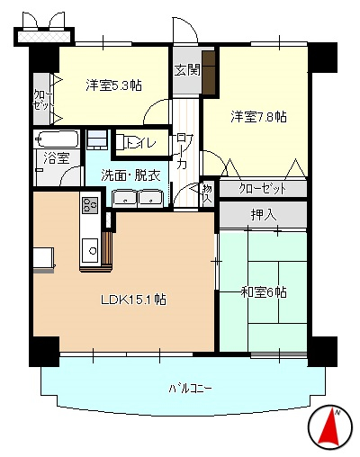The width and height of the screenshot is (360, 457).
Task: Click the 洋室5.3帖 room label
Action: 113,85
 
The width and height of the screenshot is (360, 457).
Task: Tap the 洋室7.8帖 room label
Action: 258,117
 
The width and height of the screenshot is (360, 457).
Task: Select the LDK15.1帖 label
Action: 133,300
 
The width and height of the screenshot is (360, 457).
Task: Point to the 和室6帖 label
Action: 264,292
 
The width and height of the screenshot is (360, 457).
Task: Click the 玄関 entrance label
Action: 187,70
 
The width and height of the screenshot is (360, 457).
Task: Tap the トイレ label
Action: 140,143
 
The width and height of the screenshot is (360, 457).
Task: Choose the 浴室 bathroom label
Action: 57,157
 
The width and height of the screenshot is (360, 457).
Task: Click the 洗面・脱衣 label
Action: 130,175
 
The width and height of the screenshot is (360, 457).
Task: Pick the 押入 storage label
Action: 264,215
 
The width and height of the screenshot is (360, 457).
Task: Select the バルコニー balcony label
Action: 190,389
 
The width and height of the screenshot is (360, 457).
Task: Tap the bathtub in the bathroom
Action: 57,139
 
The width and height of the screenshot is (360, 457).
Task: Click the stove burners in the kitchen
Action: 90,205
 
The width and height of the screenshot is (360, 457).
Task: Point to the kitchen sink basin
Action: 90,251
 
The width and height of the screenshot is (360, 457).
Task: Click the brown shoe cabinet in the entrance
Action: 209,72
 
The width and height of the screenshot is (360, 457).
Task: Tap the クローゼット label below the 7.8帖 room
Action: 263,189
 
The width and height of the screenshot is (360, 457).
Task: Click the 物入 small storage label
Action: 207,193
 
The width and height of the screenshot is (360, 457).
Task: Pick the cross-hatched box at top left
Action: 44,37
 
